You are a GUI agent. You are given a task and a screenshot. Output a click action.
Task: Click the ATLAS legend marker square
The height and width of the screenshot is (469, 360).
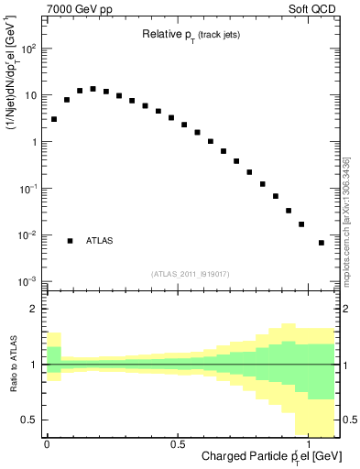click(70, 241)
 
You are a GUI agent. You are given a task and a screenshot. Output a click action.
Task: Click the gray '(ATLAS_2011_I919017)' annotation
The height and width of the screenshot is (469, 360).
click(191, 273)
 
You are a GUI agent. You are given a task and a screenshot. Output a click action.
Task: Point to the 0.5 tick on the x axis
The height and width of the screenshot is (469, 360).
click(178, 443)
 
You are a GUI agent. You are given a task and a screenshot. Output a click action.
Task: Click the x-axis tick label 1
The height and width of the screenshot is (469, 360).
click(309, 443)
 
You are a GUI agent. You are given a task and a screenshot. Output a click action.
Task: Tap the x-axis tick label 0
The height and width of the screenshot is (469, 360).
click(47, 443)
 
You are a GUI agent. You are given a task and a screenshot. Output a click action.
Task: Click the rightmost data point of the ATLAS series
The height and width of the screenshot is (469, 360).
click(321, 243)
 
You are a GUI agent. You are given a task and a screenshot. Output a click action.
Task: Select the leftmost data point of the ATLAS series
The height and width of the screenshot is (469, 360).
click(54, 119)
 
